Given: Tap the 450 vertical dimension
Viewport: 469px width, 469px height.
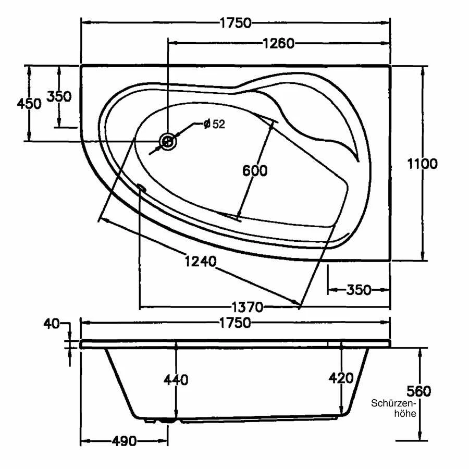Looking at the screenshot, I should (29, 103).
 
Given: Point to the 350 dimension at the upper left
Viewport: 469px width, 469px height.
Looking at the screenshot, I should (59, 96).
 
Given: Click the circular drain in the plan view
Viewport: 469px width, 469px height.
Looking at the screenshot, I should (168, 141).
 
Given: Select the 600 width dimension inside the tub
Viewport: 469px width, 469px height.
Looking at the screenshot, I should (255, 170).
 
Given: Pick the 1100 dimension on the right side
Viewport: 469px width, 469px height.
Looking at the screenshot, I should (422, 163).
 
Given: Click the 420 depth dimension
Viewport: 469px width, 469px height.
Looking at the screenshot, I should (341, 378).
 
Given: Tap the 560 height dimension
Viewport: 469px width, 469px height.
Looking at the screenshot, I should (419, 391).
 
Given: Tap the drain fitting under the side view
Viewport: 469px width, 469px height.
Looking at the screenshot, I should (168, 418).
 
